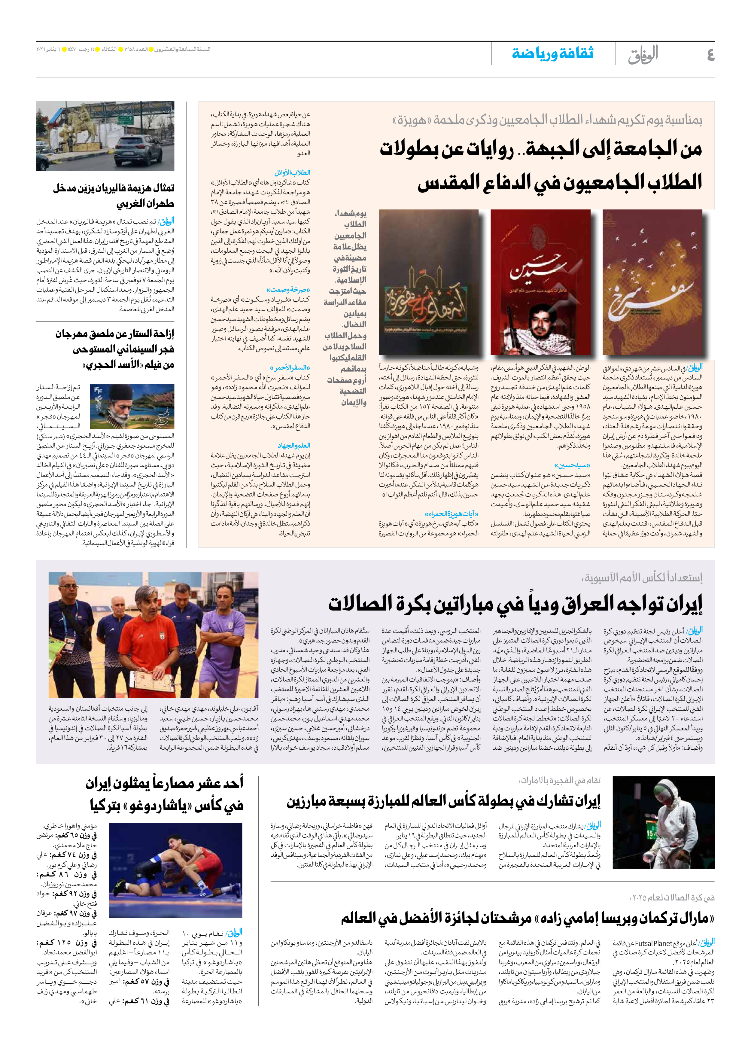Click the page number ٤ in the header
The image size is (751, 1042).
tap(710, 55)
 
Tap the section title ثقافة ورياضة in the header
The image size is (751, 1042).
tap(552, 53)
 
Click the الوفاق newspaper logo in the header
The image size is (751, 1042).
tap(643, 54)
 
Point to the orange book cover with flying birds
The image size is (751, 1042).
tap(652, 282)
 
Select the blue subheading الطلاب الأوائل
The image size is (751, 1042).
tap(292, 173)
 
